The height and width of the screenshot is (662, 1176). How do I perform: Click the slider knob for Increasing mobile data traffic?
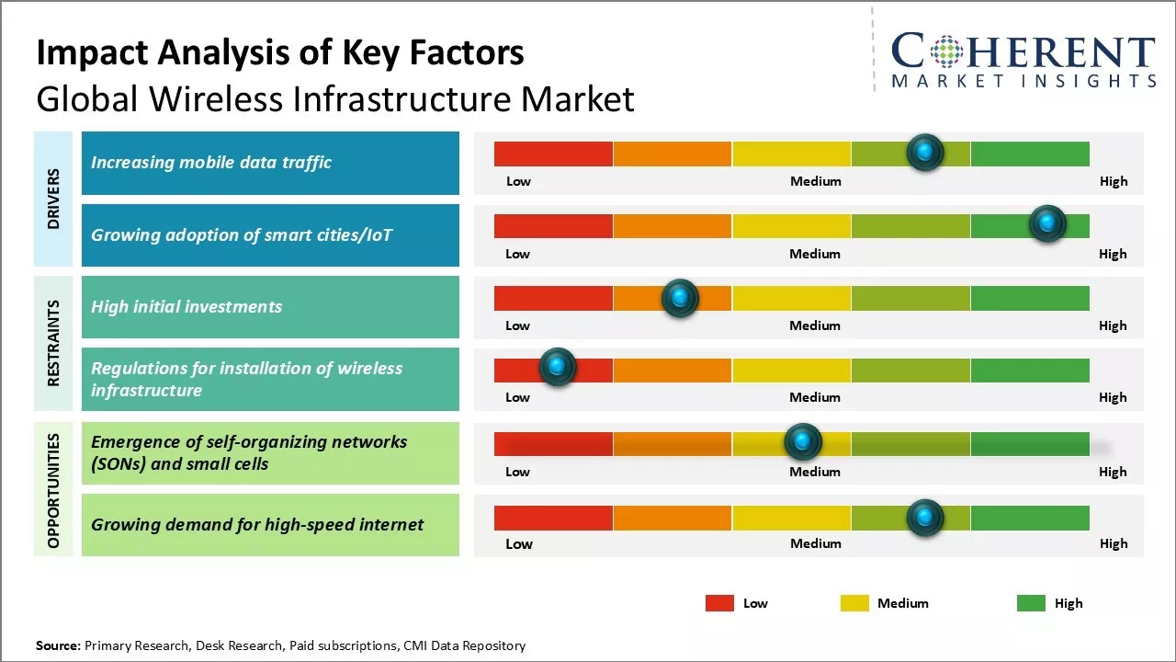coord(924,152)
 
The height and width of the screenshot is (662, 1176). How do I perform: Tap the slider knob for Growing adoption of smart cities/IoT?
coord(1046,223)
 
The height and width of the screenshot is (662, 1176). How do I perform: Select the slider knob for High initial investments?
coord(680,297)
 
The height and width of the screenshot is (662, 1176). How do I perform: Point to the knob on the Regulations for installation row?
coord(557,367)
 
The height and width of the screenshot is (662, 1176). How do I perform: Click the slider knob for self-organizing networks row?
coord(803,442)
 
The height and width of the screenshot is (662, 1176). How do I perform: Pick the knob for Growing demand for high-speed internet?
coord(924,518)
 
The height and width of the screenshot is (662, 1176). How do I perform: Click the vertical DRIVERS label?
coord(53,199)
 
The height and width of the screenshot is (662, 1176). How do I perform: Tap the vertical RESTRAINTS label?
coord(53,343)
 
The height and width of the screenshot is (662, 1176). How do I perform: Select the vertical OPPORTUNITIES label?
coord(53,490)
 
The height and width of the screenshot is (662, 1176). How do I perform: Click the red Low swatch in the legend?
coord(719,603)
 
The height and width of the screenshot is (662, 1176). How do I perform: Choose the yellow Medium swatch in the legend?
coord(854,603)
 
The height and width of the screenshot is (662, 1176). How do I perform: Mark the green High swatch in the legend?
coord(1031,603)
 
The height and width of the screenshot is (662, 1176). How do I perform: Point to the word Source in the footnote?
coord(57,645)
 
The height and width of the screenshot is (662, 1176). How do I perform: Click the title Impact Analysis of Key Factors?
coord(280,53)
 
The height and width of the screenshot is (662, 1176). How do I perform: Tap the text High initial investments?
coord(187,307)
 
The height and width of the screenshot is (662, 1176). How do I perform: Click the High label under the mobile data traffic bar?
coord(1114,181)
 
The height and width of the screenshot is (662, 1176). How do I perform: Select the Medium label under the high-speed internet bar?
coord(816,543)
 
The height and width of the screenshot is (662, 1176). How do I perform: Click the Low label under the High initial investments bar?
coord(518,325)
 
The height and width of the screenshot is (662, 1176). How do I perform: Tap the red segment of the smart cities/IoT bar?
coord(553,226)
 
